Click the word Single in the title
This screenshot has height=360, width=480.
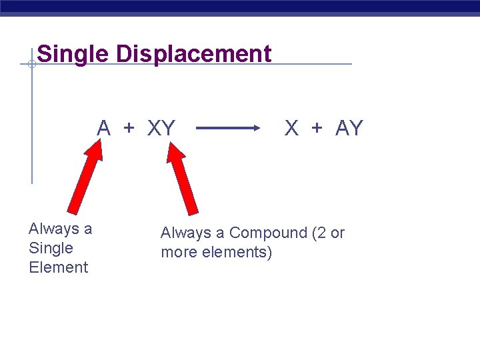coord(73,54)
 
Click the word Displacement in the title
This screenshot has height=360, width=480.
coord(194,54)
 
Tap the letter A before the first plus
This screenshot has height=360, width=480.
coord(103,127)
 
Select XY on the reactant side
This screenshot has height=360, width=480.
coord(161,127)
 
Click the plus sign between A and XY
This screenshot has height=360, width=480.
coord(129,128)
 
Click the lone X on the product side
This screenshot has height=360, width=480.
coord(291,127)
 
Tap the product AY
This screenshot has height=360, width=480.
coord(349,127)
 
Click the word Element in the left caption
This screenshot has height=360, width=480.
coord(59,267)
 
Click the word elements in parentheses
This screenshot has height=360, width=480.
coord(241,253)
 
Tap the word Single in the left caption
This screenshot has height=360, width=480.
coord(51,248)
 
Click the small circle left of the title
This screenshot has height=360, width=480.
coord(31,64)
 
